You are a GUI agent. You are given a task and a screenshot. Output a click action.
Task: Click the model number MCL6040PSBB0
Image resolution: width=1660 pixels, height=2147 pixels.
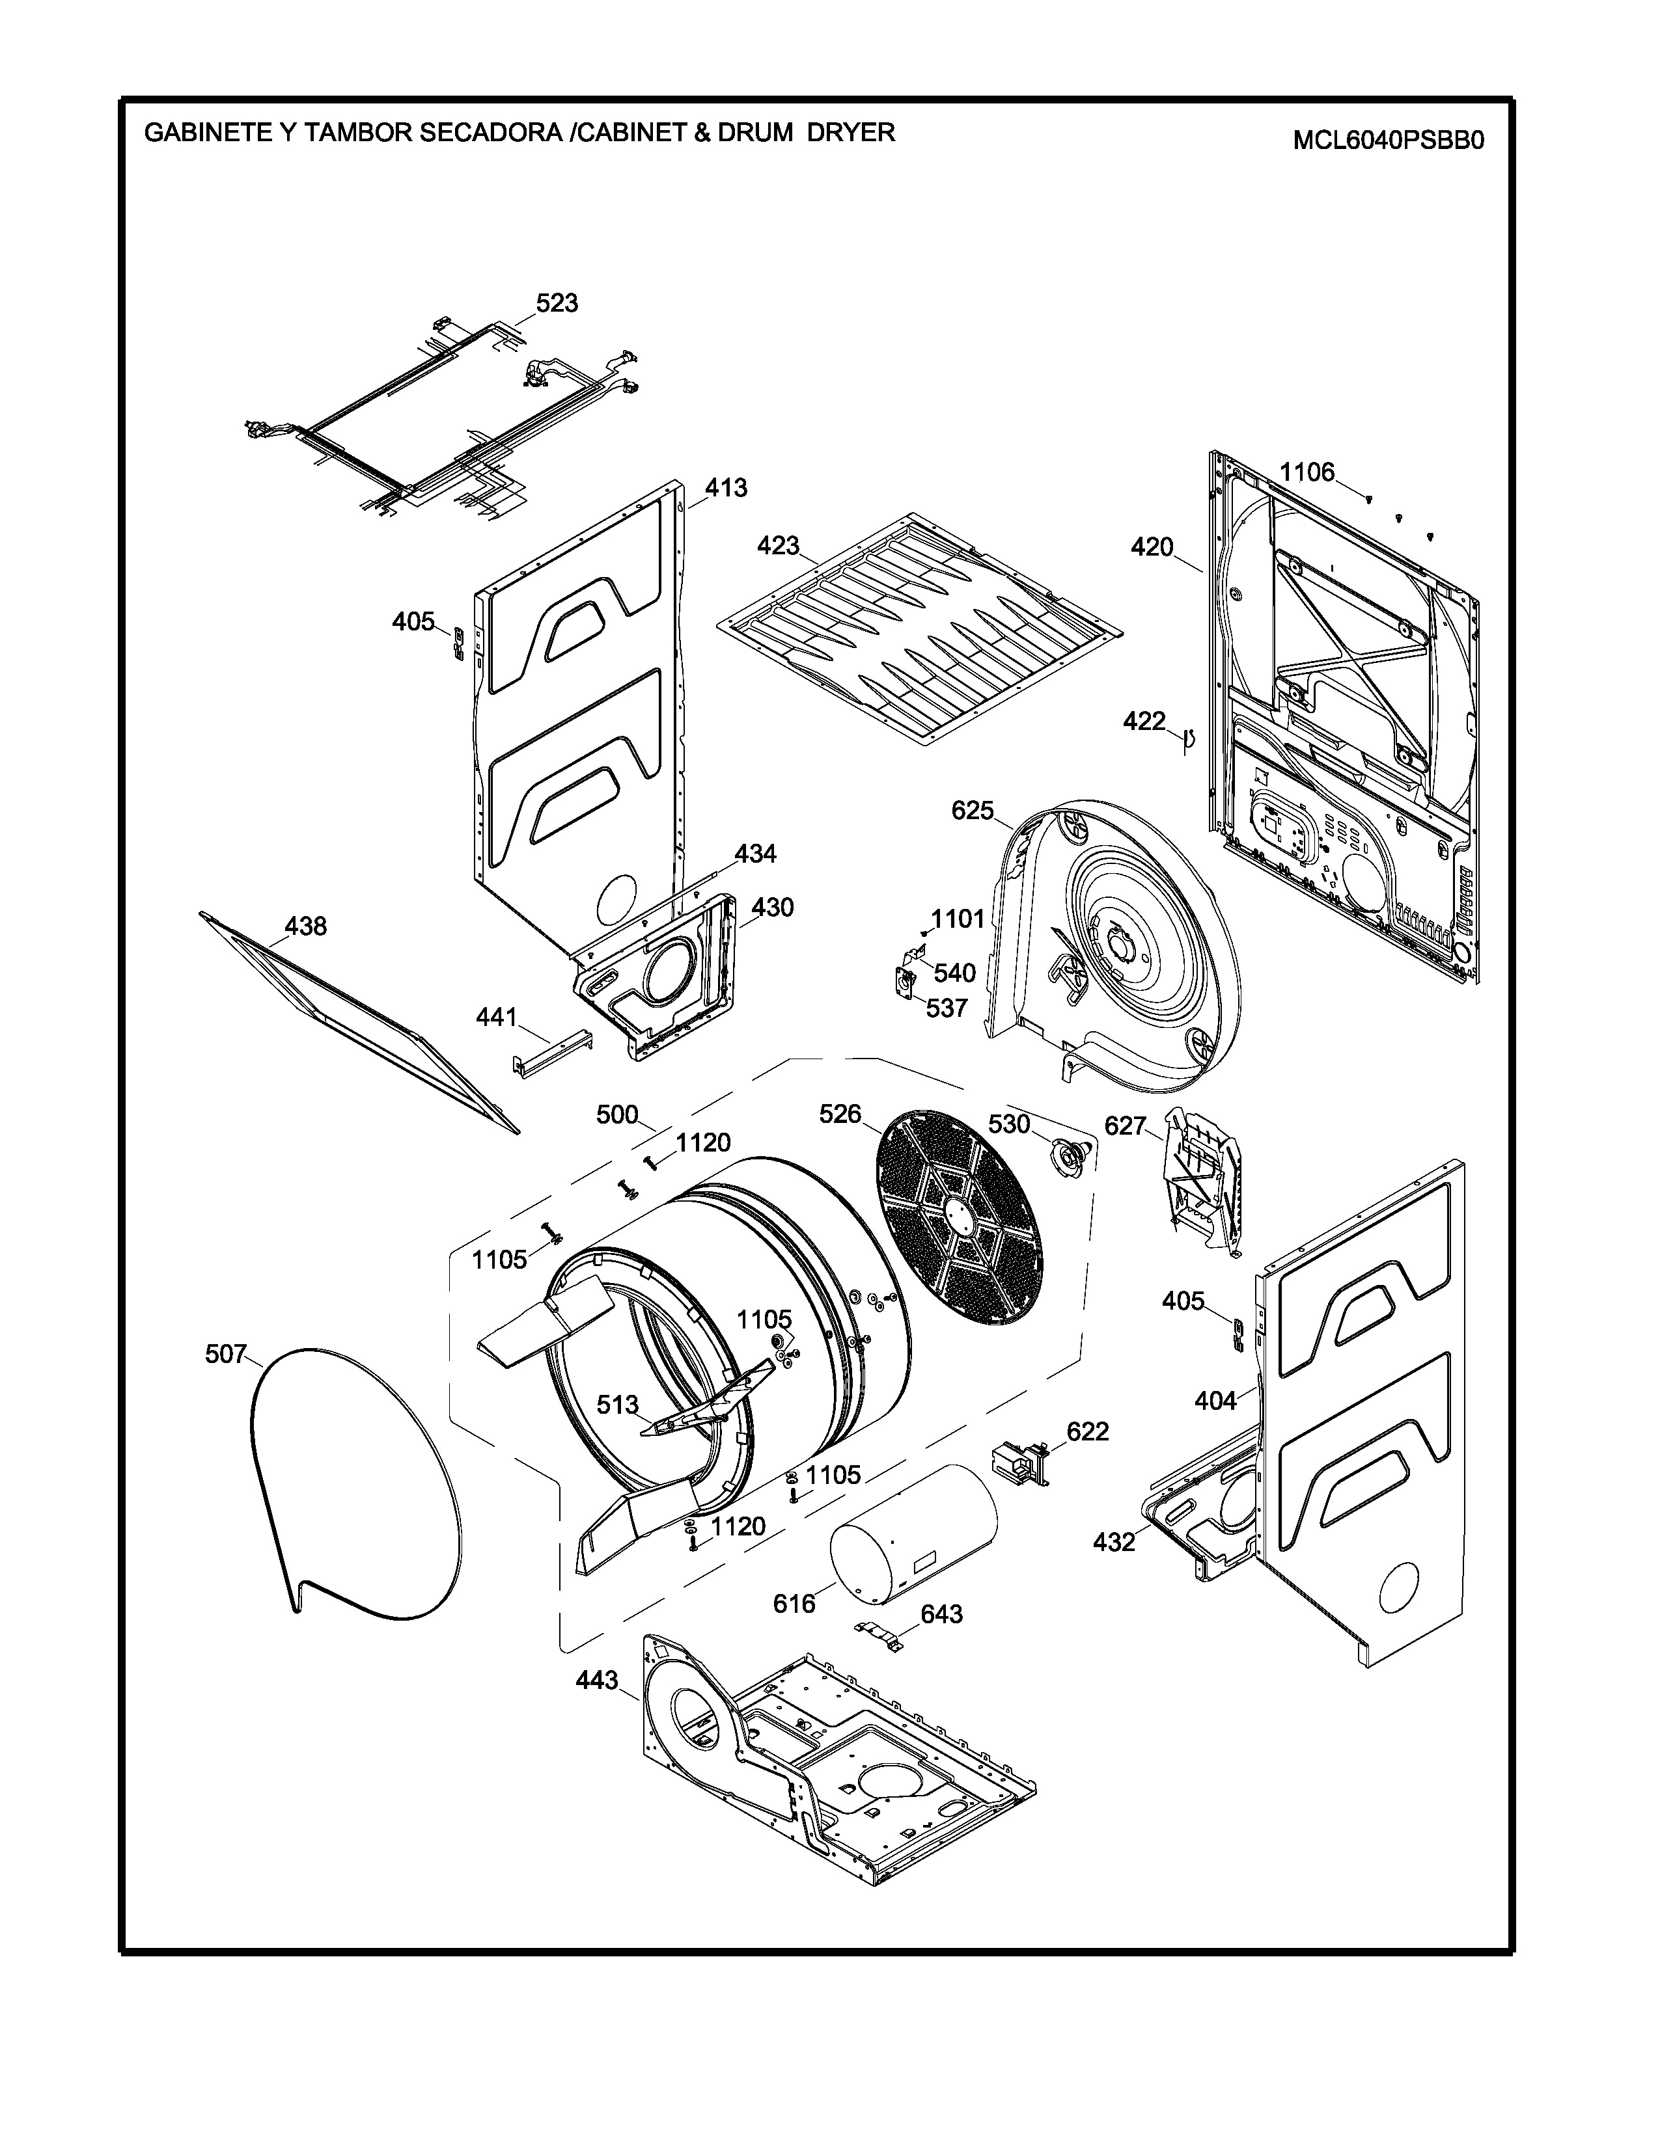1388,141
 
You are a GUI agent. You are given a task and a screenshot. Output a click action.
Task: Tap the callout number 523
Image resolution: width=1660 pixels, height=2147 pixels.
557,303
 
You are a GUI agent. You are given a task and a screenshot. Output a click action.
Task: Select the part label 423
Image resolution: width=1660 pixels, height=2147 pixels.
778,546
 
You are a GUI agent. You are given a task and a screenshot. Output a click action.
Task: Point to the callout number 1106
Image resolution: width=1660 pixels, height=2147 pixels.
1307,473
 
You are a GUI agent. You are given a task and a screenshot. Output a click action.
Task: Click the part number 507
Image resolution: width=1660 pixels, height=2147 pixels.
225,1355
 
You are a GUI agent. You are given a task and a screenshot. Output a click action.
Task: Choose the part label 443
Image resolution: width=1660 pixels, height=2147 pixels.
597,1680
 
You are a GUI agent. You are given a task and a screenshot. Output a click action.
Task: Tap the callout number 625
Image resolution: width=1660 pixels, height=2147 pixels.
973,811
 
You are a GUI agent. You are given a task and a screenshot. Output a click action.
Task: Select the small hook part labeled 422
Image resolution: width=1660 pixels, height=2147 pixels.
1188,738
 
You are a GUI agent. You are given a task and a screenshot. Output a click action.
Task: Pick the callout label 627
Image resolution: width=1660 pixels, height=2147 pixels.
1125,1126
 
